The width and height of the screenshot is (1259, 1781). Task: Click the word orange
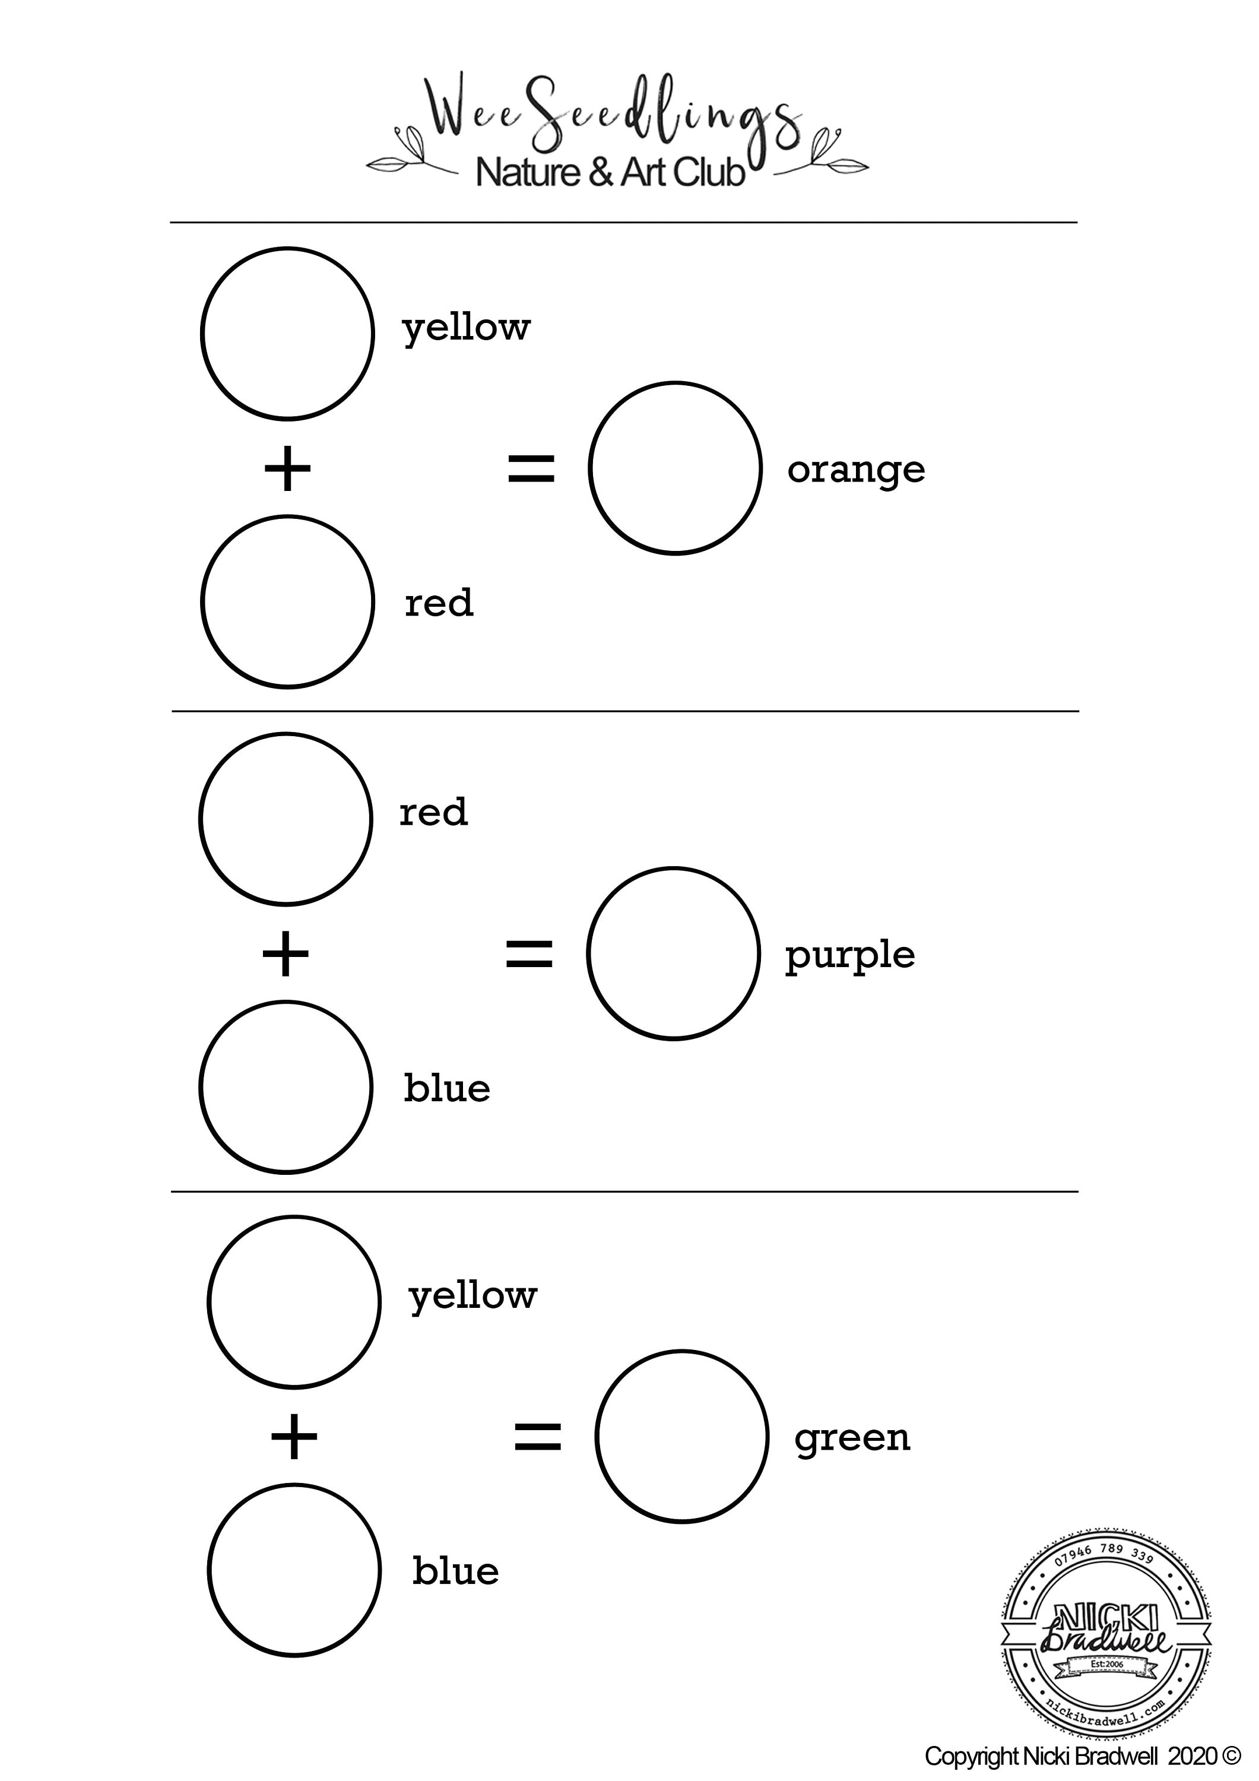pos(857,470)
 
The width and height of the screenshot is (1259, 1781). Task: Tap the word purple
pos(850,956)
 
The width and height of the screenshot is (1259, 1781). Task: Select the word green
pos(852,1440)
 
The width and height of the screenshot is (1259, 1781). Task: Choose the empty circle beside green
pos(682,1351)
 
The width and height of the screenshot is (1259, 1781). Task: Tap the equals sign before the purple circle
pos(529,953)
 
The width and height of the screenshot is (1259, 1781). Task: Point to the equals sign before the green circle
pos(538,1437)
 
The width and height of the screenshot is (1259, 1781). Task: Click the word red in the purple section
pos(434,812)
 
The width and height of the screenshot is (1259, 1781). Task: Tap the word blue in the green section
pos(456,1571)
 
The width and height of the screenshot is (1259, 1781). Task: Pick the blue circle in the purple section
pos(286,1002)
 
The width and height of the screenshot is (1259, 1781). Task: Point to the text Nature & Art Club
pos(610,172)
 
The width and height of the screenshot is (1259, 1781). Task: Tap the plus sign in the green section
pos(294,1437)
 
